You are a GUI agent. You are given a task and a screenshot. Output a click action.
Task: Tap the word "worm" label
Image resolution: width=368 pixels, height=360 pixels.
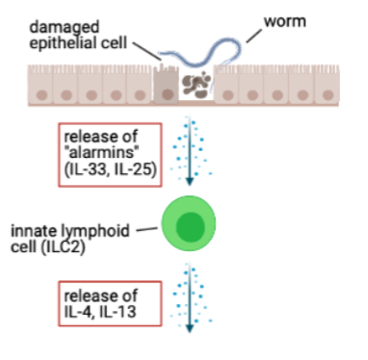pyautogui.click(x=279, y=17)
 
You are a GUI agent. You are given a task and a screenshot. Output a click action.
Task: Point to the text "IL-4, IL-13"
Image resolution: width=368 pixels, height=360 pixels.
pyautogui.click(x=101, y=309)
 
